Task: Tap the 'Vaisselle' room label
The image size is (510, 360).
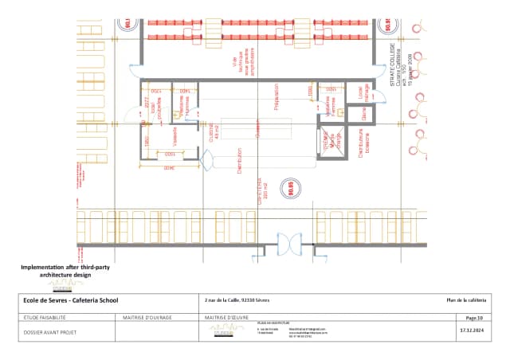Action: point(175,137)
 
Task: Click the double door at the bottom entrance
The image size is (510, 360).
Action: point(288,241)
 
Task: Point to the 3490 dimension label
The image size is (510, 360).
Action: point(168,169)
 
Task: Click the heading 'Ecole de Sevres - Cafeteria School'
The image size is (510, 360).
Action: point(71,299)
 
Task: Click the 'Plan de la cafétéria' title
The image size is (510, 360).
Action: point(465,299)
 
